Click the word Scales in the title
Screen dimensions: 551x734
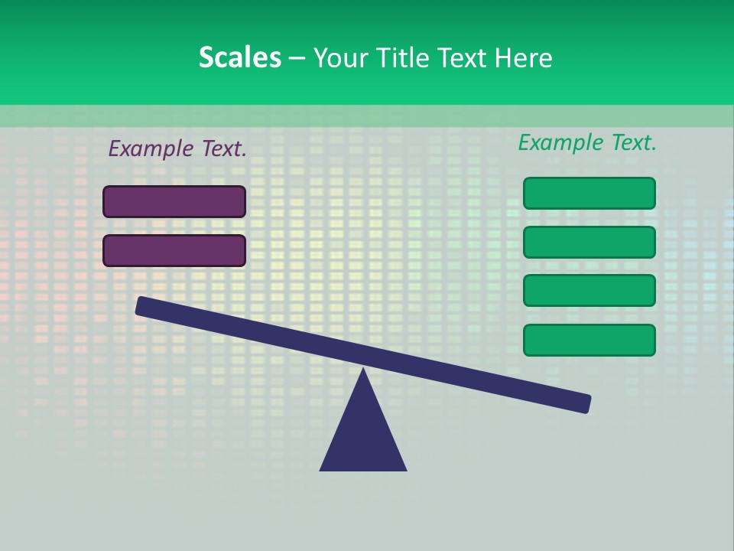239,58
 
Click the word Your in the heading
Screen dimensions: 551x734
340,58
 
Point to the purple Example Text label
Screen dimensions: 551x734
177,149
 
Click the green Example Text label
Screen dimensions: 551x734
587,142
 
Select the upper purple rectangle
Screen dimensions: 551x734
174,202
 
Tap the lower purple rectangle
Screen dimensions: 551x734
174,251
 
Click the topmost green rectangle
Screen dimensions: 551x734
589,194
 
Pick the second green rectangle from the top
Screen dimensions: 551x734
589,243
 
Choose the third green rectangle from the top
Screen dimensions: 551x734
589,291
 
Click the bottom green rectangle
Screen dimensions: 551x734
589,340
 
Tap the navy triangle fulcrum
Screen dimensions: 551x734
363,436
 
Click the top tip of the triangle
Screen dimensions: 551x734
363,371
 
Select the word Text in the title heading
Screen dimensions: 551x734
462,58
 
